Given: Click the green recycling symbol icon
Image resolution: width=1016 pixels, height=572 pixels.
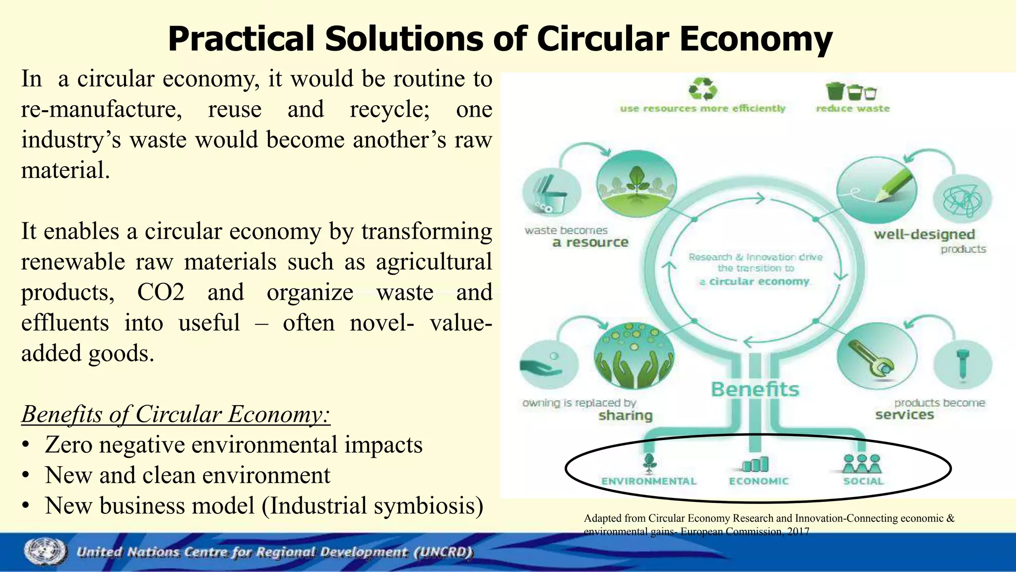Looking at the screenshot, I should click(702, 89).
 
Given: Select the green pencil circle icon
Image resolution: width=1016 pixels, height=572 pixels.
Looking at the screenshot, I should click(877, 190).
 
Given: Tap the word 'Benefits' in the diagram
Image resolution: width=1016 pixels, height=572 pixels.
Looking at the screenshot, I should click(755, 389).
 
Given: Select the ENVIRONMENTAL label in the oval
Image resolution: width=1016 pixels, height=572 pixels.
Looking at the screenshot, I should click(649, 481).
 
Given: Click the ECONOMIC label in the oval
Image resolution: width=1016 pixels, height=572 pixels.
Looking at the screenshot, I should click(759, 481).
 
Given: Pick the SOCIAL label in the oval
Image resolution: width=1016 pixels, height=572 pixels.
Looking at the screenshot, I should click(863, 481).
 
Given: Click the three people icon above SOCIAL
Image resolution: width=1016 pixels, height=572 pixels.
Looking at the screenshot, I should click(862, 463).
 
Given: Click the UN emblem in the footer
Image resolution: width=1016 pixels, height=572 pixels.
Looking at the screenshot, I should click(45, 552).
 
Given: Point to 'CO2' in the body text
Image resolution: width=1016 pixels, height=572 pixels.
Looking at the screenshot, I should click(161, 292).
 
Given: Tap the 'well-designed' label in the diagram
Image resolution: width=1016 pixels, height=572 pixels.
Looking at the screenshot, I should click(924, 234).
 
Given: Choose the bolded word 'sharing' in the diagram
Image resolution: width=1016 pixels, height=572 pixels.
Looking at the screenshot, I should click(625, 415).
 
